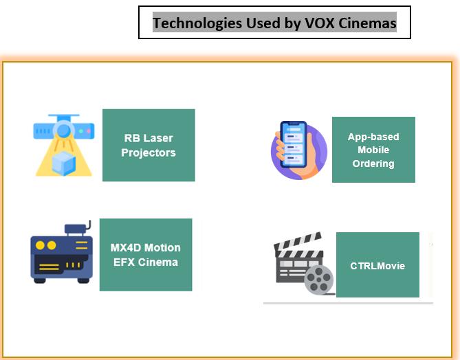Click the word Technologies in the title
[197, 23]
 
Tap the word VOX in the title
[320, 23]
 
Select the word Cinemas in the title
[368, 23]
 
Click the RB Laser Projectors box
[149, 145]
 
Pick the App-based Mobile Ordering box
[373, 150]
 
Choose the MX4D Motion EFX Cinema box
[146, 255]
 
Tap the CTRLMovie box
[377, 265]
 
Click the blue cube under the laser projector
[64, 163]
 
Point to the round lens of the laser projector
[63, 130]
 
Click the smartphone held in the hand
[294, 144]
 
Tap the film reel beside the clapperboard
[318, 280]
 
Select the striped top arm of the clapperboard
[298, 242]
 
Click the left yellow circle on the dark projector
[40, 245]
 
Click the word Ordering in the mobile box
[373, 164]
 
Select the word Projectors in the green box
[149, 153]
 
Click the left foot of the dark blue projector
[40, 280]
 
